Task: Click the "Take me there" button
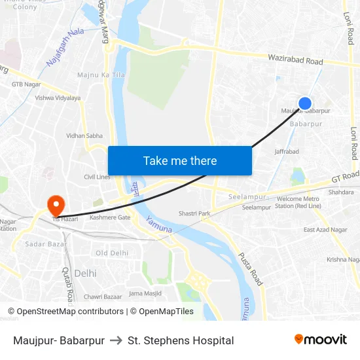pos(180,160)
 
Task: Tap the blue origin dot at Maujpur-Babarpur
pos(305,103)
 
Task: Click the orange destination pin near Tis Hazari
pos(55,204)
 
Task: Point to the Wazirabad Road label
pos(295,60)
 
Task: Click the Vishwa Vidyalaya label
pos(58,98)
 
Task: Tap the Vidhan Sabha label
pos(84,135)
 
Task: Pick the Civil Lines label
pos(97,177)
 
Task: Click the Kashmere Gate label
pos(110,217)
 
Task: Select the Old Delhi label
pos(112,253)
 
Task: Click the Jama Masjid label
pos(145,293)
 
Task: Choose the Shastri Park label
pos(194,213)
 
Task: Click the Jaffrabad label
pos(287,151)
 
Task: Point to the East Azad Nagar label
pos(325,230)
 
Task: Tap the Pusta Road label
pos(250,268)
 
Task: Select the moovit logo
pos(321,340)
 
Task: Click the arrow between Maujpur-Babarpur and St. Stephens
pos(116,340)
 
